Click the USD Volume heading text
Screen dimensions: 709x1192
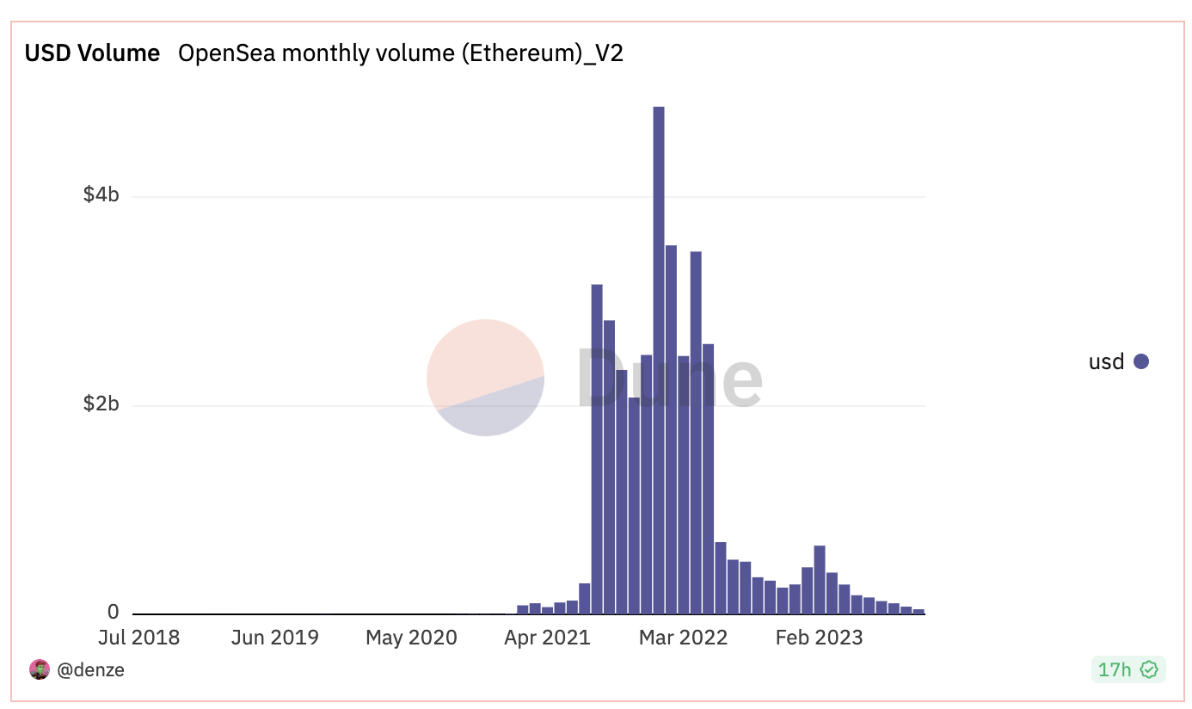(x=92, y=53)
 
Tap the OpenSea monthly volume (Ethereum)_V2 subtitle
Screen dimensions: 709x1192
(x=400, y=53)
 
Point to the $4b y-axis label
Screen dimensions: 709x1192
(x=101, y=195)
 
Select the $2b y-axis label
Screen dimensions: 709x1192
(x=101, y=404)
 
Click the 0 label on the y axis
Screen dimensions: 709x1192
(x=113, y=613)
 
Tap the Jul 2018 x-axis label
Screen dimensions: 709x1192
(x=138, y=638)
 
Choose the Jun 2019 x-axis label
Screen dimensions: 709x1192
(x=275, y=638)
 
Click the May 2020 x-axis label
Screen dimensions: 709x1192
(x=411, y=638)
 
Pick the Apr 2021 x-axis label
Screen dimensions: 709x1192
(x=547, y=638)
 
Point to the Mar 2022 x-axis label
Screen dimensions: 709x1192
(x=684, y=638)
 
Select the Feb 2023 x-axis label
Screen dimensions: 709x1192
(x=819, y=638)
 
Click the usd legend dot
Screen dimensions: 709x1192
(x=1141, y=361)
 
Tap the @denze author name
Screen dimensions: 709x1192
(x=90, y=669)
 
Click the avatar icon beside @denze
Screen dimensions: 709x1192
(x=40, y=669)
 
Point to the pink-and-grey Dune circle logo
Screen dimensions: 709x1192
(x=485, y=378)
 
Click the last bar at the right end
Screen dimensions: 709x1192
(x=919, y=611)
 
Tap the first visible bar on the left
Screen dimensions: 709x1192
(x=523, y=609)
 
